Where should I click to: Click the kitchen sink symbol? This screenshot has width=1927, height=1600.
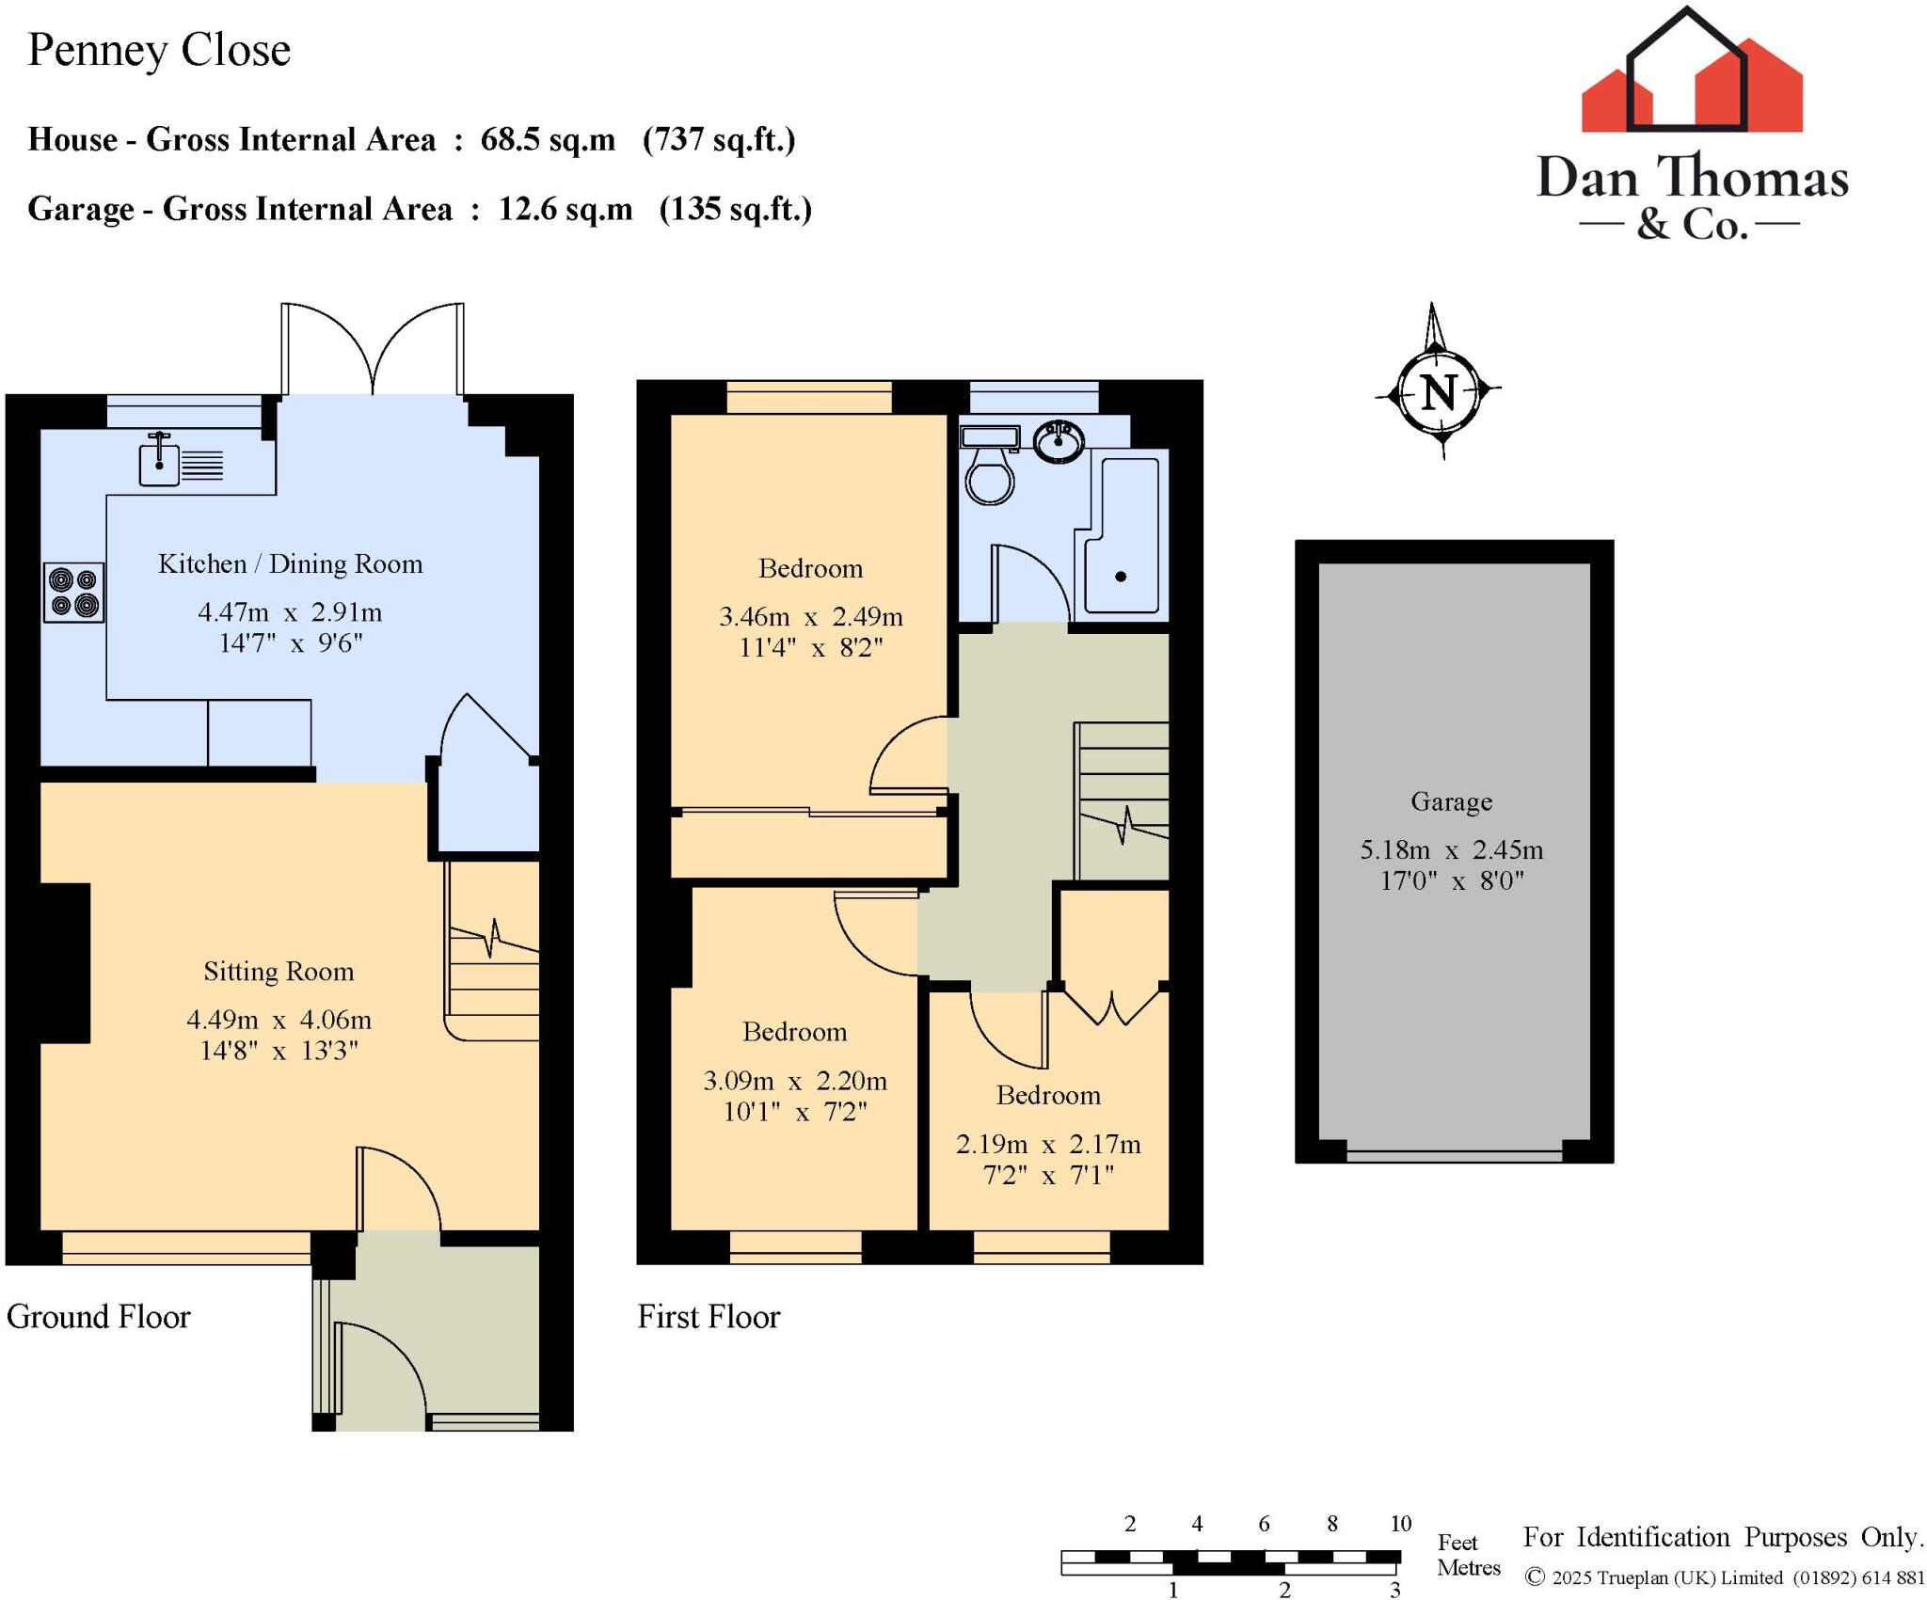(160, 462)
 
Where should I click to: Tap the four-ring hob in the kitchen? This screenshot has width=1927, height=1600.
(74, 593)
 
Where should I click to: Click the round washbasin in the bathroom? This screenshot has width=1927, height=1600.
(1059, 441)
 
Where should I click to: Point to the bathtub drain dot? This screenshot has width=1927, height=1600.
(1121, 577)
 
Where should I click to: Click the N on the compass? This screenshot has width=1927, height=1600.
(1439, 392)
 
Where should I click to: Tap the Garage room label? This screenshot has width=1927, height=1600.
(1451, 801)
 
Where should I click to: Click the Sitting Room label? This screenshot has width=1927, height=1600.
(279, 971)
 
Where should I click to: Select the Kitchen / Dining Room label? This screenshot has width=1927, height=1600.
(290, 563)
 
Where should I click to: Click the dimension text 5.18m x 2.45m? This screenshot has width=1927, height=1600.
(1451, 849)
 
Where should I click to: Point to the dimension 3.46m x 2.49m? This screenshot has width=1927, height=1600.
(810, 616)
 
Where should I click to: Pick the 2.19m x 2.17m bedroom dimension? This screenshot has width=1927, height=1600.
(1048, 1144)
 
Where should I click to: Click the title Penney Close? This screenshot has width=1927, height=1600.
(159, 50)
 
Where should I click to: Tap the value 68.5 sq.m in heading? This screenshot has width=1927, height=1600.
(548, 139)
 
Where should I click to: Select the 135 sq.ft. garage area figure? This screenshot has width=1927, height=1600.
(735, 208)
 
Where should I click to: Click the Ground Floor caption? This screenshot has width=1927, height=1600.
(99, 1316)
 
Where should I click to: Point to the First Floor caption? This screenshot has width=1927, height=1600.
(709, 1316)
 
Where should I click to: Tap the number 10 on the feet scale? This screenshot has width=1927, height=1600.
(1400, 1523)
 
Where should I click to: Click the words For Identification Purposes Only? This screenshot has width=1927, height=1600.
(1722, 1536)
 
